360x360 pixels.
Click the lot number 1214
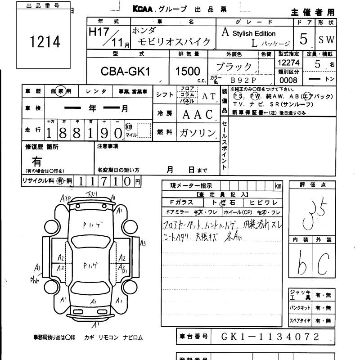pyautogui.click(x=45, y=42)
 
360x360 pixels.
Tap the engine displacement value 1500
pyautogui.click(x=188, y=71)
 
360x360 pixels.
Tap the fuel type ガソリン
pyautogui.click(x=198, y=133)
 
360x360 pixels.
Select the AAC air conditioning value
pyautogui.click(x=198, y=114)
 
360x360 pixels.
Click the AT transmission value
pyautogui.click(x=208, y=96)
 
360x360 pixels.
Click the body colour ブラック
pyautogui.click(x=234, y=67)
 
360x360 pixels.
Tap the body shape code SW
pyautogui.click(x=327, y=40)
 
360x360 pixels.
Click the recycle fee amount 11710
pyautogui.click(x=105, y=181)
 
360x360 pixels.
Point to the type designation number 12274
pyautogui.click(x=288, y=63)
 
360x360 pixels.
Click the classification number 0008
pyautogui.click(x=288, y=80)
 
